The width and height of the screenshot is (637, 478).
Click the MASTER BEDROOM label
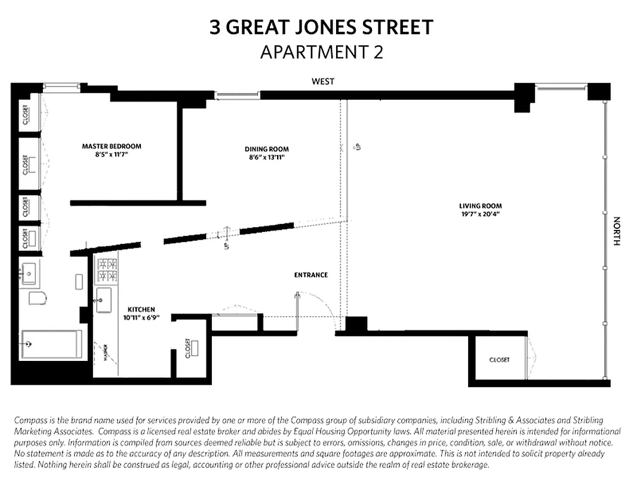[x=112, y=146]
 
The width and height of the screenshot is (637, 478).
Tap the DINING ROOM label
[x=266, y=149]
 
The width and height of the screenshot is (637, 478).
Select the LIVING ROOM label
[x=479, y=206]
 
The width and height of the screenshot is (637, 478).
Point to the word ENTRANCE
[x=311, y=275]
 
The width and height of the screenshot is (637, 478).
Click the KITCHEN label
[x=141, y=310]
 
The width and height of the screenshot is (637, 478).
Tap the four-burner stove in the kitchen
[x=107, y=269]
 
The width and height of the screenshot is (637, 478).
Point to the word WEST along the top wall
[x=323, y=81]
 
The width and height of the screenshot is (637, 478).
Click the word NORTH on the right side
[x=617, y=231]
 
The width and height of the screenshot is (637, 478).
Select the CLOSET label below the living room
[x=500, y=360]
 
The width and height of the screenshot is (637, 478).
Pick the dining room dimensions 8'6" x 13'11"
[x=266, y=157]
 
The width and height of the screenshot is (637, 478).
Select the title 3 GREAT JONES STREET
[x=321, y=27]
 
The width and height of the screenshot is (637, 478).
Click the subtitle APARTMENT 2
[x=321, y=52]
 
